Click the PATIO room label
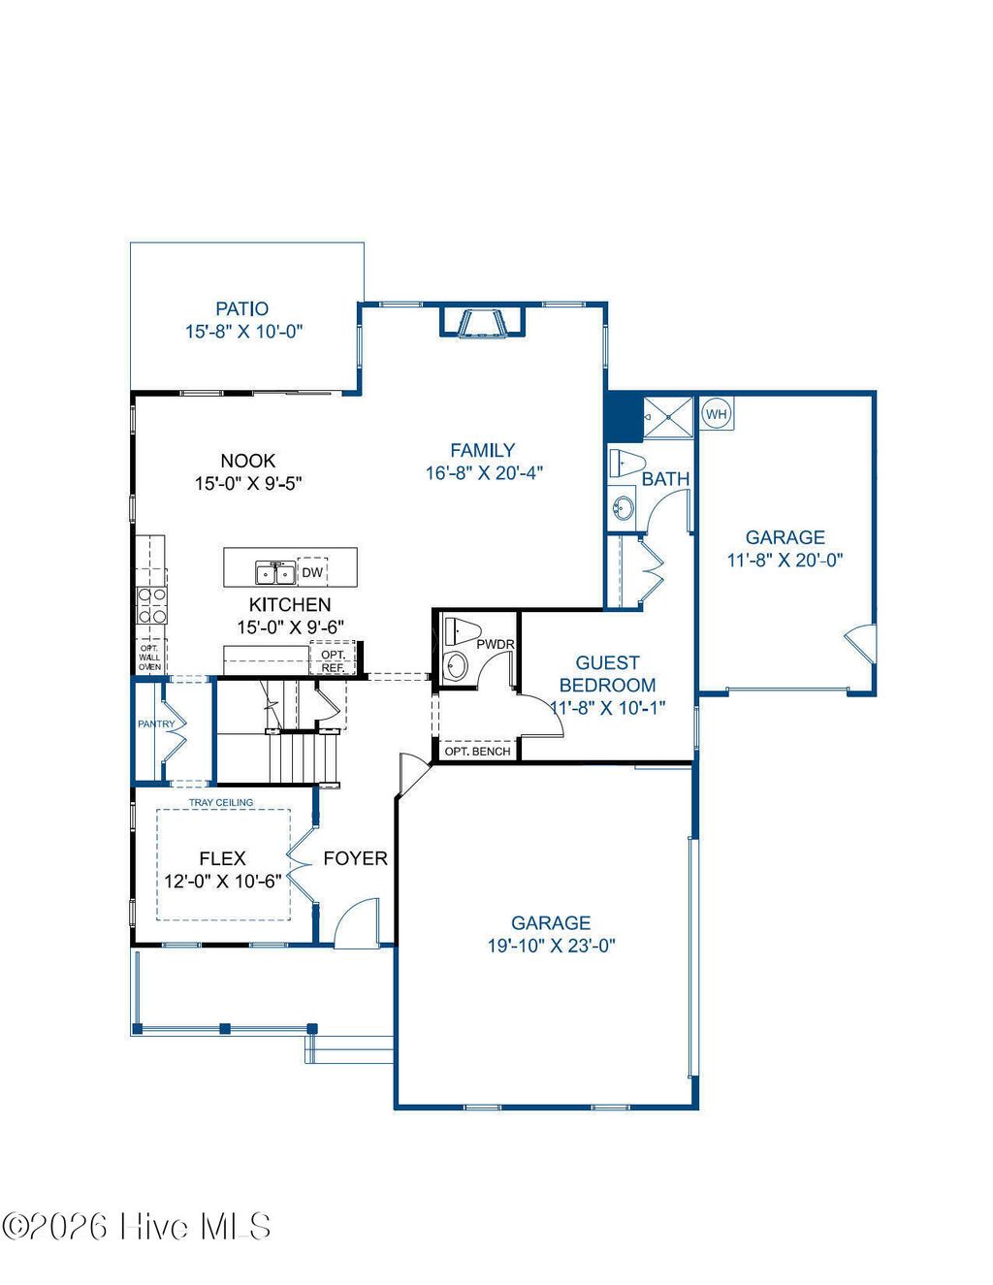tap(242, 309)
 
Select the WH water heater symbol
tap(716, 414)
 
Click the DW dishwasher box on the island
tap(312, 572)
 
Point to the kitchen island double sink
tap(274, 573)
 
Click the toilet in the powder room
tap(461, 632)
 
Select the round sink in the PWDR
tap(455, 666)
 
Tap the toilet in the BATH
tap(627, 463)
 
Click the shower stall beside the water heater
tap(668, 417)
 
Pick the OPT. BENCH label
tap(477, 752)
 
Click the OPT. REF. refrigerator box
tap(333, 660)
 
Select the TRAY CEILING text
tap(221, 802)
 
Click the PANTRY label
tap(156, 723)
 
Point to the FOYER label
tap(355, 858)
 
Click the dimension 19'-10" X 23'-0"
tap(551, 946)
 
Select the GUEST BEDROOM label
tap(607, 674)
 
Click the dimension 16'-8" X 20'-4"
tap(484, 473)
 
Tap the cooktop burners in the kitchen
tap(150, 605)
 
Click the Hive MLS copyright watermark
tap(137, 1227)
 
